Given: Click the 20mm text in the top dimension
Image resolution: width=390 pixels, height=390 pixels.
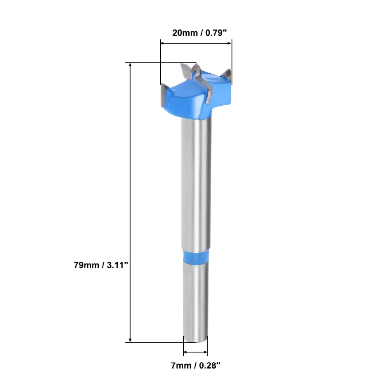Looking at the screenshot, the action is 185,33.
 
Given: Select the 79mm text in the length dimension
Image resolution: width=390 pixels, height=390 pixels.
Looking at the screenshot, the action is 87,265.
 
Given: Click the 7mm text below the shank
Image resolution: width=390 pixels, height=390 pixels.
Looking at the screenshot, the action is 181,365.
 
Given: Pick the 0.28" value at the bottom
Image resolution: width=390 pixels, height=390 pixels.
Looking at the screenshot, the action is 210,365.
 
